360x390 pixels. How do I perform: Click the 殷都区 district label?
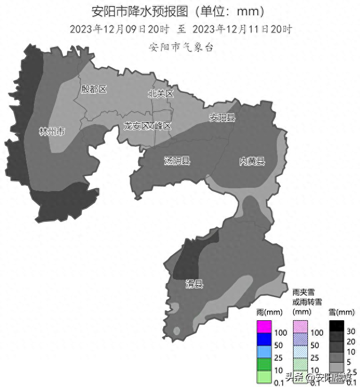[94, 89]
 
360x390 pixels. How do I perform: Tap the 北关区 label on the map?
[160, 94]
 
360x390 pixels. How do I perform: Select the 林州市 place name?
[52, 132]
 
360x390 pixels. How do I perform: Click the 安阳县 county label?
[222, 118]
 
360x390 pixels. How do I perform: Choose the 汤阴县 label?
[177, 161]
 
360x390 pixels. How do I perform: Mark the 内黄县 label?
[252, 161]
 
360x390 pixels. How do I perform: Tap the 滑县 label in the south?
[194, 284]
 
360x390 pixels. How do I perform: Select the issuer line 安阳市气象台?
[181, 47]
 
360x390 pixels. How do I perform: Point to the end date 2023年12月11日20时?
[242, 29]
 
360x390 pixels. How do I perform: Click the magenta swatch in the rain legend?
[264, 327]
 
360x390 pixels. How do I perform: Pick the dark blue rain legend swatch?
[264, 339]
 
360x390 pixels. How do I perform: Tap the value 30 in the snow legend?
[351, 331]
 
